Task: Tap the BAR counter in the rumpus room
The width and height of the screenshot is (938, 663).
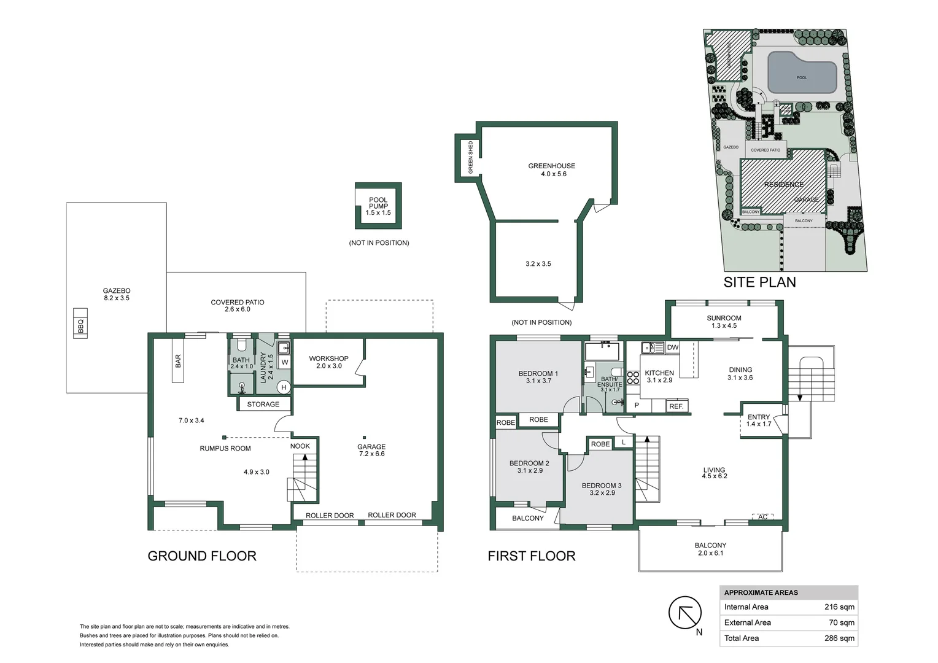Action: point(178,360)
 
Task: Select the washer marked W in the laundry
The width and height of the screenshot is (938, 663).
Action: point(285,362)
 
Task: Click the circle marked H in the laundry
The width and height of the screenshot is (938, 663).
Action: point(284,387)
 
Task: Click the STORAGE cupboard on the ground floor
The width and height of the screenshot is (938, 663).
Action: point(263,405)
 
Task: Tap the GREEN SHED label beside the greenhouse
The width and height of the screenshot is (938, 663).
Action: point(471,158)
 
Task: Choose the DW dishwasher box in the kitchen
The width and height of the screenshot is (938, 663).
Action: point(672,347)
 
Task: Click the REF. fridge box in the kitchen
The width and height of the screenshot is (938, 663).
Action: point(676,406)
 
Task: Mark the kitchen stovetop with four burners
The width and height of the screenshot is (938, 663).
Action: point(633,378)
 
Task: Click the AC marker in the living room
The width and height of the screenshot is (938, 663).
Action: point(762,518)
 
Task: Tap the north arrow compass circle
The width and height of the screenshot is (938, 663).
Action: point(684,612)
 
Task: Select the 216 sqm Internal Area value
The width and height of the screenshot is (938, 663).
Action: point(839,607)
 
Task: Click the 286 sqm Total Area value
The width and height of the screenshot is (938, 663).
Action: point(839,638)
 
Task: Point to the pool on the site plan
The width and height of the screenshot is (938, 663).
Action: point(802,74)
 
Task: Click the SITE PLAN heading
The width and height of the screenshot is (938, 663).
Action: point(759,282)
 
